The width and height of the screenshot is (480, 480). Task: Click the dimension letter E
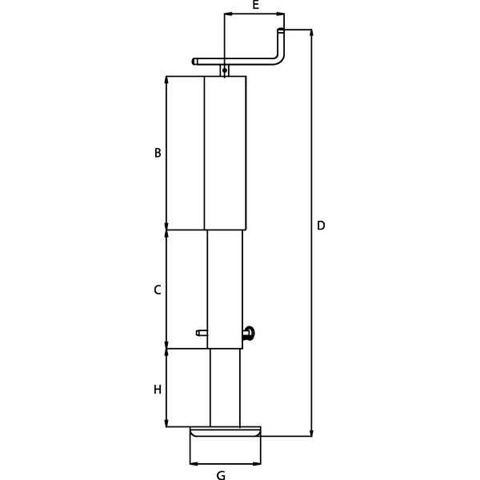pyautogui.click(x=256, y=5)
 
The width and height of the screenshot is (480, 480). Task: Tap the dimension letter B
pyautogui.click(x=158, y=153)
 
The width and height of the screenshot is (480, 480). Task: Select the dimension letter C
pyautogui.click(x=158, y=290)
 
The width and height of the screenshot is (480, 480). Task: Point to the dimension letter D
pyautogui.click(x=321, y=226)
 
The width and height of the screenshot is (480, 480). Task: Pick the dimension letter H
pyautogui.click(x=158, y=390)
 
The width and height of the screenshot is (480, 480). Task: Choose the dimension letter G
pyautogui.click(x=221, y=475)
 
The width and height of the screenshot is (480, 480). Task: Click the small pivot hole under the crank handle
pyautogui.click(x=225, y=70)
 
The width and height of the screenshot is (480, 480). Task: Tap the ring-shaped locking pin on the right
pyautogui.click(x=249, y=334)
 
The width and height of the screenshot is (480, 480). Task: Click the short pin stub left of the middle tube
pyautogui.click(x=202, y=333)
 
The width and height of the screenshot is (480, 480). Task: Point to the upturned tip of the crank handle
pyautogui.click(x=281, y=30)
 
